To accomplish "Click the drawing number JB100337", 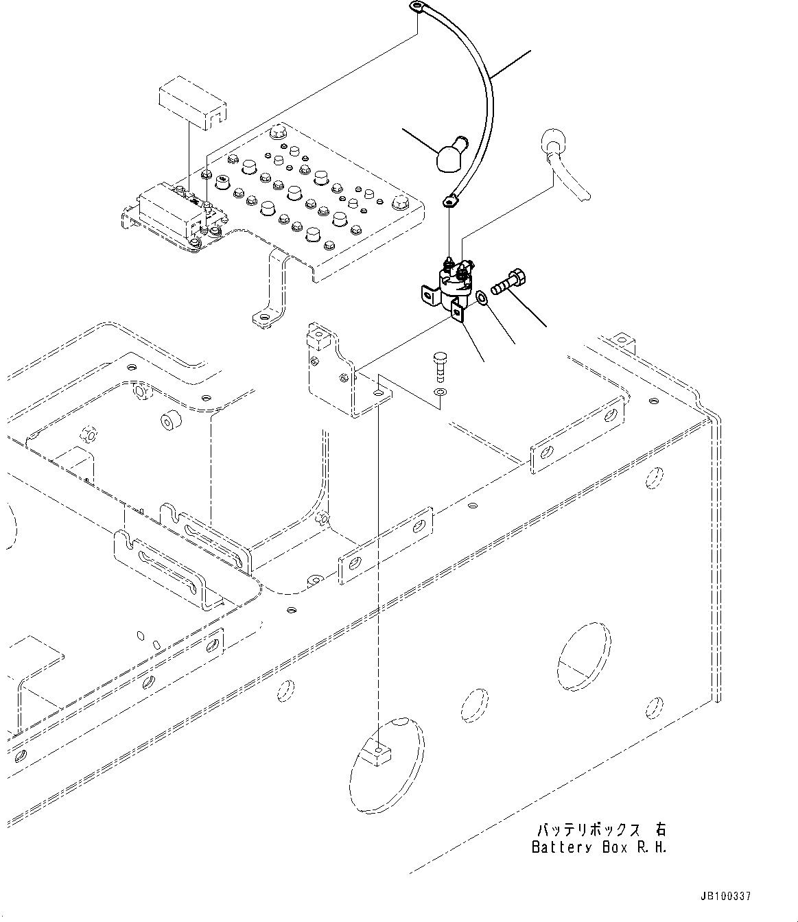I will coord(726,896).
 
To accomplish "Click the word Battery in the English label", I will coord(561,847).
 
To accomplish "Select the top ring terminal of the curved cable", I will coord(416,8).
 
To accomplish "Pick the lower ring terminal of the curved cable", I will coord(450,201).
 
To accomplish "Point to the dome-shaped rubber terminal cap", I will coord(449,154).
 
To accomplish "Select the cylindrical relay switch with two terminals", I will coord(453,281).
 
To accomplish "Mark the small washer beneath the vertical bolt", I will coord(440,392).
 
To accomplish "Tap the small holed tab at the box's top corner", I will coord(620,339).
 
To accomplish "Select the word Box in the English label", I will coord(613,847).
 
